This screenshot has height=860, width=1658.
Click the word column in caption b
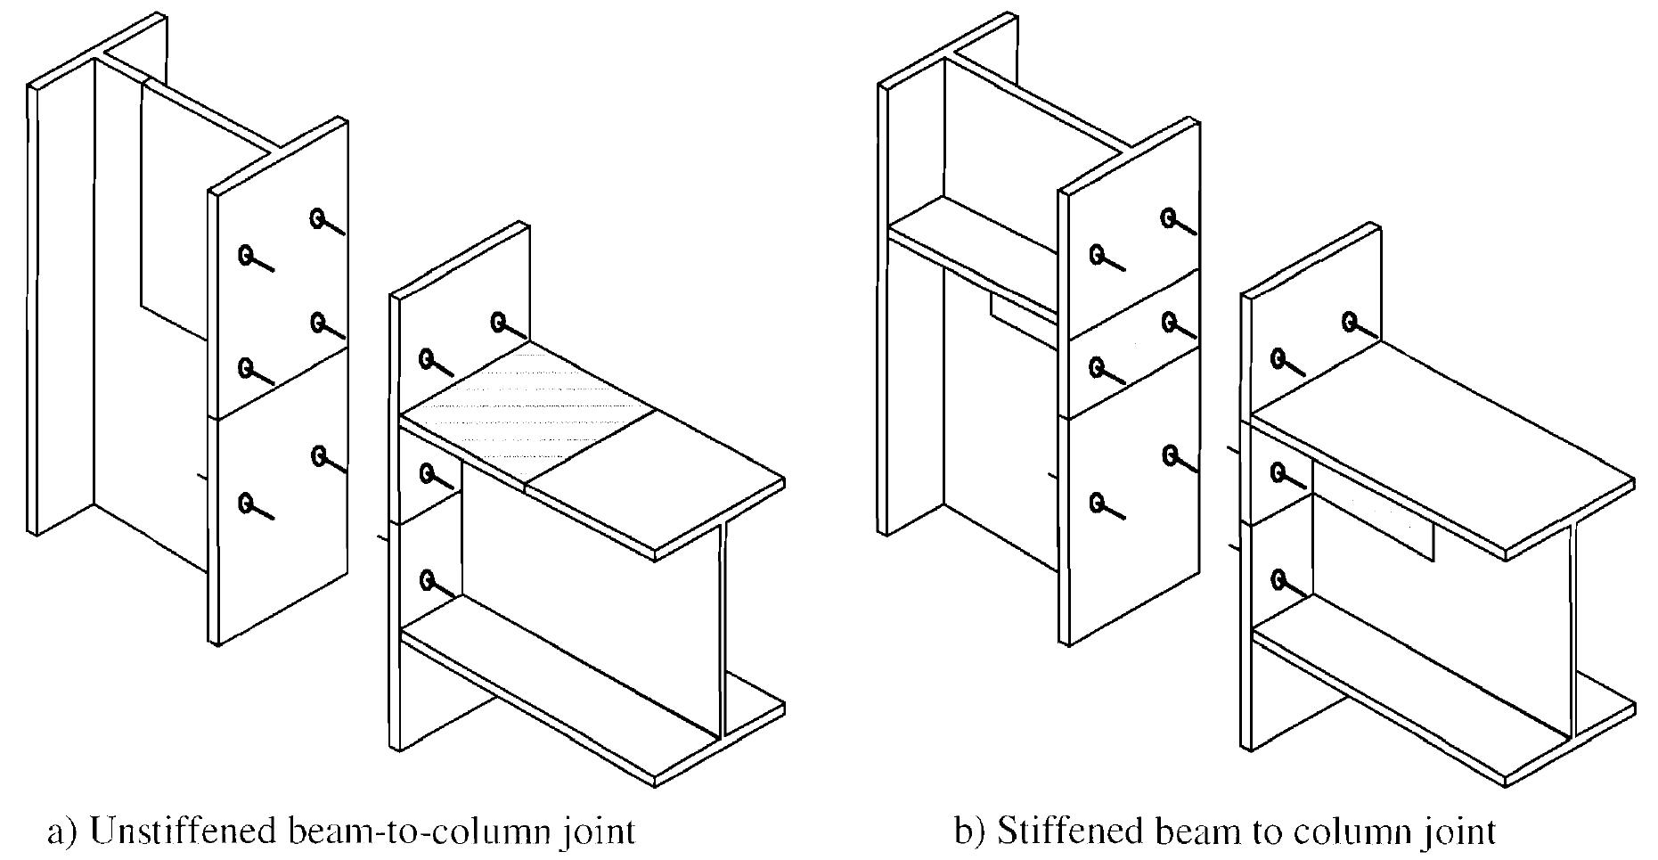click(x=1353, y=831)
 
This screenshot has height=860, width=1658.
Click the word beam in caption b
click(x=1199, y=831)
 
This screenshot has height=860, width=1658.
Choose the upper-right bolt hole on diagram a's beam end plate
click(x=500, y=321)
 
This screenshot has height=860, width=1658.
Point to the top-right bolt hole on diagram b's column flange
click(x=1168, y=216)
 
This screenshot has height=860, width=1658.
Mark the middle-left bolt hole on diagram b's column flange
click(x=1097, y=365)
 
